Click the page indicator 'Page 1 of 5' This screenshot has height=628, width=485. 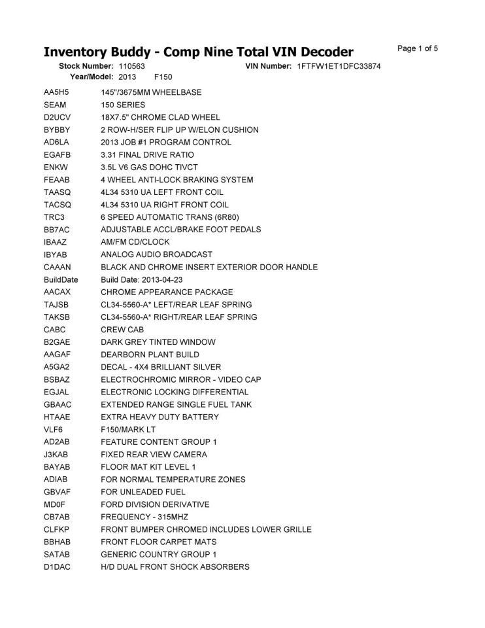(417, 48)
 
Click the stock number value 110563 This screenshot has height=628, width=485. (131, 67)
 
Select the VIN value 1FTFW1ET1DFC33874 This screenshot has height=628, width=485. (339, 67)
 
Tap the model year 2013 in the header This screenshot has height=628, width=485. (127, 77)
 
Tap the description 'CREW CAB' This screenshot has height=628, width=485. (122, 330)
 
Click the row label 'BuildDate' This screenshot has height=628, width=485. (61, 279)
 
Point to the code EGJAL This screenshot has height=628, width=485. (57, 392)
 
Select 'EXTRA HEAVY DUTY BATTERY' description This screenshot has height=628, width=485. (159, 417)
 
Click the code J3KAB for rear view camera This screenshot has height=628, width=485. (57, 455)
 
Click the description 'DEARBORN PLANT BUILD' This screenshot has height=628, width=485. (150, 355)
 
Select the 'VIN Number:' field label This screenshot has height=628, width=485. (269, 67)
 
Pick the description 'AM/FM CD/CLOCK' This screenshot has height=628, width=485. (135, 242)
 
